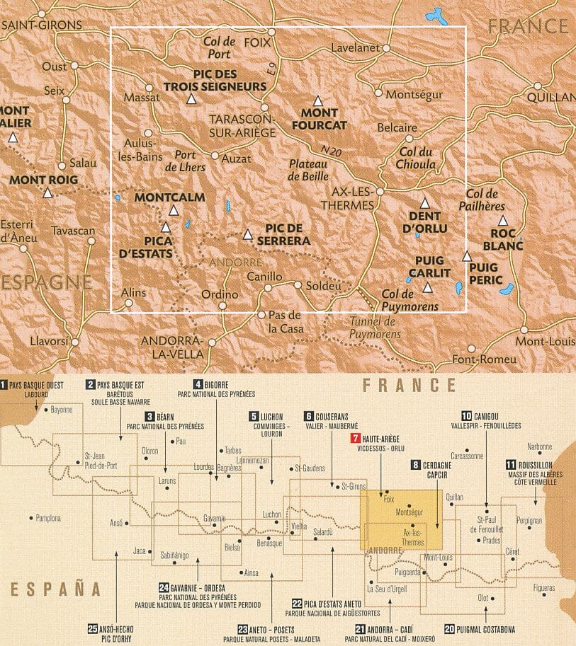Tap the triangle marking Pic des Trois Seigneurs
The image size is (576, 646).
pyautogui.click(x=190, y=100)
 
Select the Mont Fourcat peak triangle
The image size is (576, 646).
pyautogui.click(x=318, y=100)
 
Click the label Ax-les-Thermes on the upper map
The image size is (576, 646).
pyautogui.click(x=353, y=198)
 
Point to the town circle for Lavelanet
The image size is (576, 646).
pyautogui.click(x=387, y=48)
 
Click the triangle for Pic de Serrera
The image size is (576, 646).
pyautogui.click(x=247, y=234)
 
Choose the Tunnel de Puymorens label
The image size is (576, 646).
pyautogui.click(x=375, y=328)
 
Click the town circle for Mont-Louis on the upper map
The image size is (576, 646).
pyautogui.click(x=524, y=330)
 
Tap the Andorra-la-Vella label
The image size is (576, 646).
pyautogui.click(x=173, y=347)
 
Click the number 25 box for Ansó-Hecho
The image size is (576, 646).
pyautogui.click(x=92, y=628)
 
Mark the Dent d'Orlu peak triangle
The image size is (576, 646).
pyautogui.click(x=424, y=203)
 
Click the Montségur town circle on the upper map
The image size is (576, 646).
pyautogui.click(x=378, y=93)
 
